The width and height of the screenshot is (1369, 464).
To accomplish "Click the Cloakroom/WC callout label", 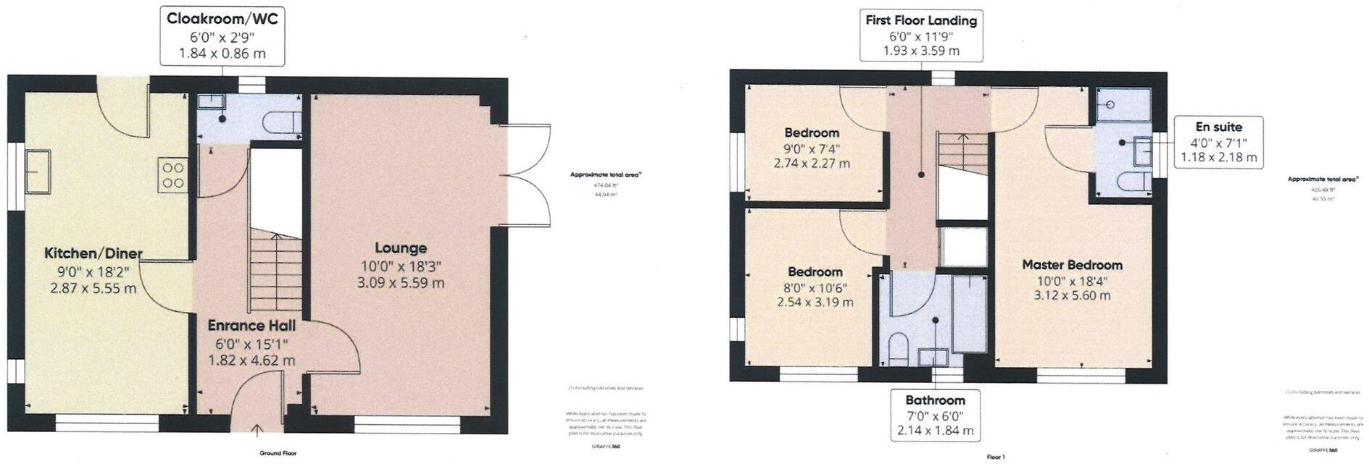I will click(x=222, y=35).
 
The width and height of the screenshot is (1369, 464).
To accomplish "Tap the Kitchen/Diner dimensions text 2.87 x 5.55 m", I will click(x=93, y=288).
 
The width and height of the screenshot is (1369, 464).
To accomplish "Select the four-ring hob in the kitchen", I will click(x=173, y=175).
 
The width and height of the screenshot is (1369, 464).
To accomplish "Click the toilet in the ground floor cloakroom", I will click(x=282, y=122).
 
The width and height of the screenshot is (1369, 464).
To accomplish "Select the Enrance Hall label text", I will click(x=251, y=326).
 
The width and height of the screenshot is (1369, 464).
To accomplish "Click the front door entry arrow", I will click(x=258, y=432).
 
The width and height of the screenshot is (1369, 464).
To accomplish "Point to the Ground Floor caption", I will click(x=278, y=453).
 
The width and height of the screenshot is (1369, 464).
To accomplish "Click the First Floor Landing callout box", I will click(x=920, y=35).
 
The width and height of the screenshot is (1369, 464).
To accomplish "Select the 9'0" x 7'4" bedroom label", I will click(x=812, y=148).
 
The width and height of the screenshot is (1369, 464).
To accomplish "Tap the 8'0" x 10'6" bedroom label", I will click(x=815, y=287).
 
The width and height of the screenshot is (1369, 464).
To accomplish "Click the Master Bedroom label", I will click(x=1072, y=265).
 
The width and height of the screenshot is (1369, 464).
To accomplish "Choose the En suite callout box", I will click(x=1218, y=142).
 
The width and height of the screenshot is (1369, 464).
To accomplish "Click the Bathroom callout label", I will click(x=935, y=416).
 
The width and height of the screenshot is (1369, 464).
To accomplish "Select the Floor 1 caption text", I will click(x=996, y=457).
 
